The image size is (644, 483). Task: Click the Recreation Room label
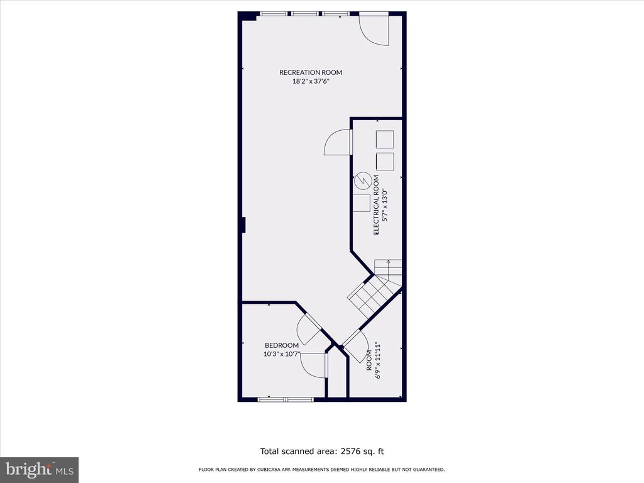pos(311,72)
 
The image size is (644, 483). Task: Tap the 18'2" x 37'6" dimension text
pos(311,81)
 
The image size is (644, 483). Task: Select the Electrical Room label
pos(376,205)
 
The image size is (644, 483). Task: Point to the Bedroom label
pos(282,345)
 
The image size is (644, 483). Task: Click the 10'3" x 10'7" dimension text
pos(282,353)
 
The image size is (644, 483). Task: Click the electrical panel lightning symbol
pos(363,180)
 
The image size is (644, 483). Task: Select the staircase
pos(375,288)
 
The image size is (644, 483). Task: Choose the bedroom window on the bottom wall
pos(286,399)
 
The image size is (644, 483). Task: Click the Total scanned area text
pos(322,452)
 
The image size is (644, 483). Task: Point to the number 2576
pos(350,452)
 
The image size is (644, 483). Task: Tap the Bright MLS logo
pos(40,470)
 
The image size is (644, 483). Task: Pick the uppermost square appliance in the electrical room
pos(385,139)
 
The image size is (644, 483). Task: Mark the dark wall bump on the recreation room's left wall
pos(243,225)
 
